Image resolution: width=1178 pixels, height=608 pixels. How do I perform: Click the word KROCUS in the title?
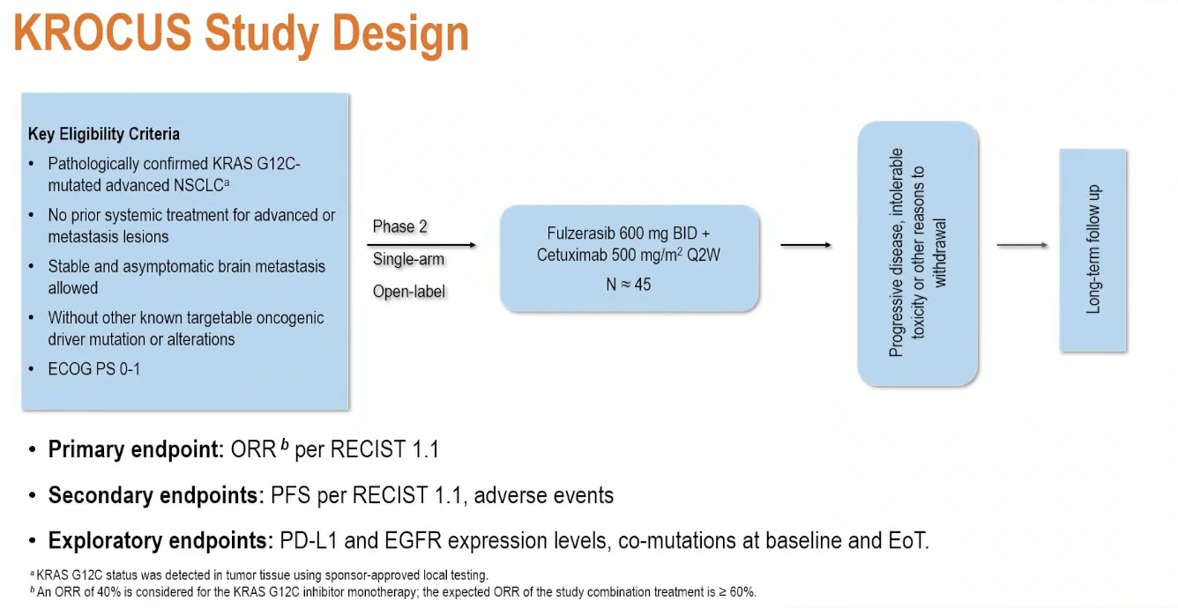[103, 33]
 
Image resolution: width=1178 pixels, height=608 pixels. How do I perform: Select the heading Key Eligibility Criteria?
[104, 134]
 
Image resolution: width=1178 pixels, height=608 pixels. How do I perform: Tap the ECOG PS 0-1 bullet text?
[93, 369]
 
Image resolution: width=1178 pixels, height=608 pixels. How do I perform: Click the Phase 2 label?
[399, 226]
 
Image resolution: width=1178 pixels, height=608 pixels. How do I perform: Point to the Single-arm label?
[408, 259]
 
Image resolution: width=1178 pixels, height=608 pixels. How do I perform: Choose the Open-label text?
[409, 292]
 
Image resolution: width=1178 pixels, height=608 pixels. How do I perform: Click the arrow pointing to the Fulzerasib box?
[423, 244]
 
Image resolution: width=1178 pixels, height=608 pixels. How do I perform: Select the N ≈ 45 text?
[630, 285]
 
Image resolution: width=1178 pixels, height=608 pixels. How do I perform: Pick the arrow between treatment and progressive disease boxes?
[806, 245]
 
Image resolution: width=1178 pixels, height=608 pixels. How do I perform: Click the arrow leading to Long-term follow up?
[1022, 245]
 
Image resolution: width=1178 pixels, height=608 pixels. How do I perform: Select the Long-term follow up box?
[1093, 249]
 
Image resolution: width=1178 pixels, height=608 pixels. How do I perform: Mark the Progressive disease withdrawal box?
[918, 253]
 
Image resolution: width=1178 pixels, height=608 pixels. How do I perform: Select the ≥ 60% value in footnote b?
[738, 592]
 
